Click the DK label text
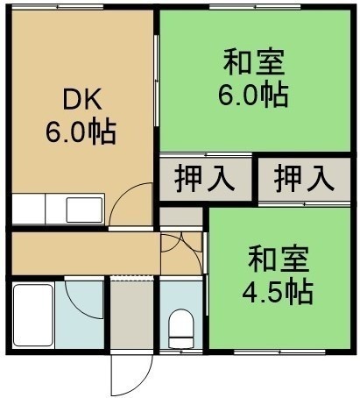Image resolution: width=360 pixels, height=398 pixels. [82, 100]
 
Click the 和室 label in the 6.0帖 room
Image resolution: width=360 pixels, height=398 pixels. [254, 62]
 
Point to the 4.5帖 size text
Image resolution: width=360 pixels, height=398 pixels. [278, 291]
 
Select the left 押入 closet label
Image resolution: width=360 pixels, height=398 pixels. [205, 178]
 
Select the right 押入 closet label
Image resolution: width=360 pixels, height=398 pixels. [304, 178]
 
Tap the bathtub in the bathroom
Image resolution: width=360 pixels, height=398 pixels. [33, 315]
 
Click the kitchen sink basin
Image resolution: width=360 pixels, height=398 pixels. [84, 210]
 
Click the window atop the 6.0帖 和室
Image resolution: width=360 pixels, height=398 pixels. [255, 6]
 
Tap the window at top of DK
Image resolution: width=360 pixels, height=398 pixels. [58, 6]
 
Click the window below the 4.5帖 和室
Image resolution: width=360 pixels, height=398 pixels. [279, 352]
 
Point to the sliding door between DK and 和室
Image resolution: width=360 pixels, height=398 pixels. [157, 81]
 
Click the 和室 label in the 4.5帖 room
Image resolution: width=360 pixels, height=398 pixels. [279, 259]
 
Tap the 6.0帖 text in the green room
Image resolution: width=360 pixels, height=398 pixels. [253, 95]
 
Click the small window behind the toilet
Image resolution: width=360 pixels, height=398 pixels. [181, 352]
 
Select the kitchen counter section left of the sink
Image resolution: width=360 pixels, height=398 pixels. [29, 209]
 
